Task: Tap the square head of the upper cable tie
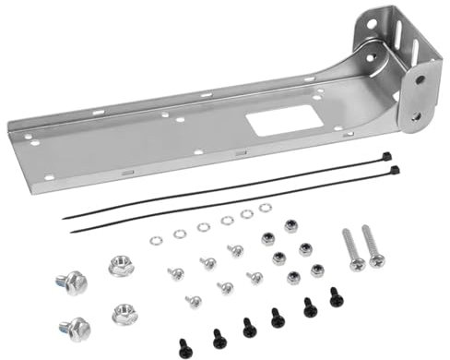[x=386, y=157]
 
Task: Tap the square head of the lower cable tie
[x=395, y=171]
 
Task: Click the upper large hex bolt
[x=72, y=282]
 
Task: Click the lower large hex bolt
[x=76, y=327]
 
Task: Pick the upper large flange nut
[x=121, y=266]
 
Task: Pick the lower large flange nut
[x=124, y=314]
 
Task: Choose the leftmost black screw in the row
[x=185, y=348]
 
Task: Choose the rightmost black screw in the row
[x=337, y=297]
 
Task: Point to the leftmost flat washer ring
[x=156, y=240]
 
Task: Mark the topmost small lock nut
[x=290, y=226]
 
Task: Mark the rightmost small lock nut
[x=317, y=270]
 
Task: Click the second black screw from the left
[x=219, y=339]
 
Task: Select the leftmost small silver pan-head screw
[x=175, y=273]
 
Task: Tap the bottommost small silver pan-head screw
[x=194, y=301]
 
